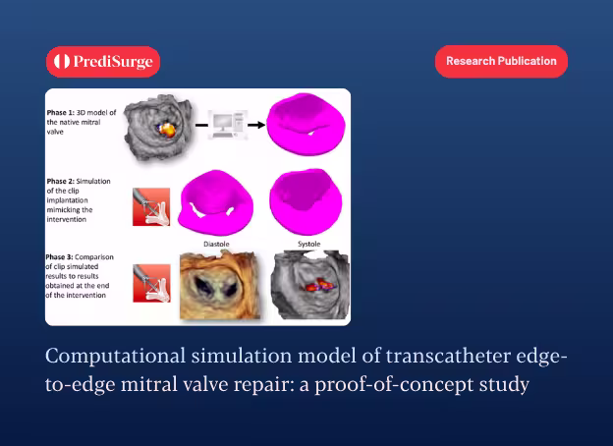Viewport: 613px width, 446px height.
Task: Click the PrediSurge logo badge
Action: [x=103, y=62]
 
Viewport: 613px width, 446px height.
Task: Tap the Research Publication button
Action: [x=501, y=61]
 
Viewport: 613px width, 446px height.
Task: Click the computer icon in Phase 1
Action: [x=228, y=125]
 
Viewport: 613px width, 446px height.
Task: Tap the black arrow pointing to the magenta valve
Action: [x=256, y=125]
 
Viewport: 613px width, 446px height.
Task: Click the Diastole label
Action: [x=216, y=244]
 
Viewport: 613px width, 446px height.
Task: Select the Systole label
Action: [x=308, y=244]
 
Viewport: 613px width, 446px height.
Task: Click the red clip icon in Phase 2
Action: [x=151, y=206]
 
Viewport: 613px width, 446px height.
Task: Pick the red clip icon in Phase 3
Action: [x=151, y=283]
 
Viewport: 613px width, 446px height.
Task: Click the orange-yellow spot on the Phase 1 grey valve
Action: [x=168, y=130]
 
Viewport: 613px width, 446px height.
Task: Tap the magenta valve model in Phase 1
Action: [x=306, y=124]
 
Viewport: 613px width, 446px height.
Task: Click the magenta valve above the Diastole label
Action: [x=215, y=203]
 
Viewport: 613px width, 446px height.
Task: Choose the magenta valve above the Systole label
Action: [x=306, y=201]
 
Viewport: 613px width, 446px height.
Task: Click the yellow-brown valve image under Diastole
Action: [x=220, y=285]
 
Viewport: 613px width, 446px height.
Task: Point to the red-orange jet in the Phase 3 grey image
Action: [x=318, y=285]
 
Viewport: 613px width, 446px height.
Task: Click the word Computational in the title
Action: [x=115, y=357]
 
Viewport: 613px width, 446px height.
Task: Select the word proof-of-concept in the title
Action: [x=394, y=385]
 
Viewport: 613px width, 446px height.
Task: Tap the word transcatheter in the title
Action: [x=448, y=356]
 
